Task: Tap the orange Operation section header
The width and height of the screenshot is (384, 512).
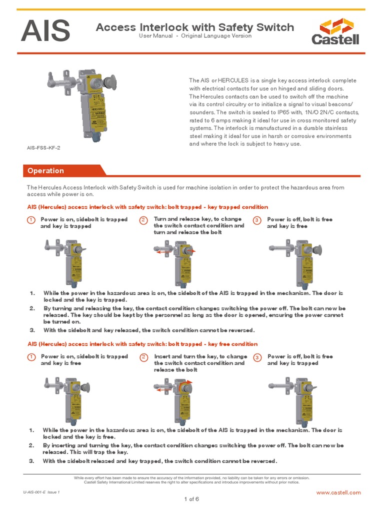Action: point(45,170)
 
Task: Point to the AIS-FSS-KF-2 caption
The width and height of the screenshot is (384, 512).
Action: point(46,148)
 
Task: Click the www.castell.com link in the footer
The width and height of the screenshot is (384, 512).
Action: point(338,492)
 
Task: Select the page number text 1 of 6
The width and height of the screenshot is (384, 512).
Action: point(191,499)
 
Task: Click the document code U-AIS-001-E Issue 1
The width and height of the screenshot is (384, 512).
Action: point(41,492)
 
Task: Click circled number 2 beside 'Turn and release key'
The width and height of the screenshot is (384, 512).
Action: point(143,220)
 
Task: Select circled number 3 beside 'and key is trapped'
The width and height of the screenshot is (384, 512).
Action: point(257,357)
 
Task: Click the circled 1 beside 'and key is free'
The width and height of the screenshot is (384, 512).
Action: point(30,357)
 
